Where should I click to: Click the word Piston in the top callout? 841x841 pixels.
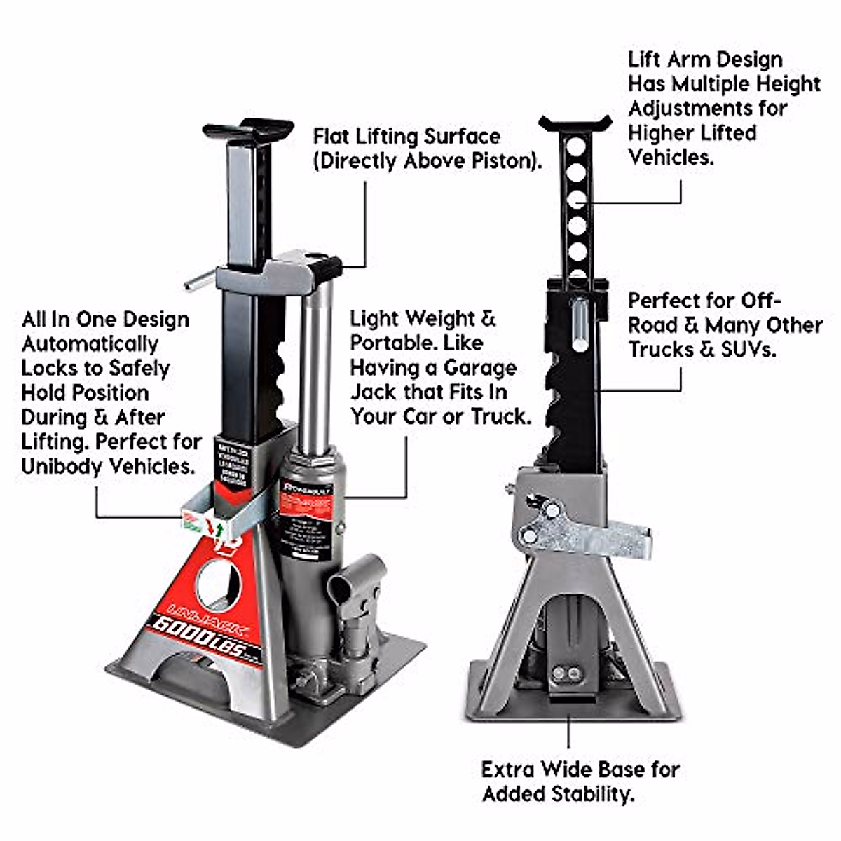[505, 161]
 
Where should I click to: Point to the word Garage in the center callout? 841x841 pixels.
[480, 368]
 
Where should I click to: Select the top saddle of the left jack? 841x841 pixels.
[248, 130]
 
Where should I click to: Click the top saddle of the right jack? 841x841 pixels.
[575, 125]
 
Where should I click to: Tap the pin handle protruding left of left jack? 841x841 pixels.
[200, 280]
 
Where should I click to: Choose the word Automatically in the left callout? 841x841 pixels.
[90, 344]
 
